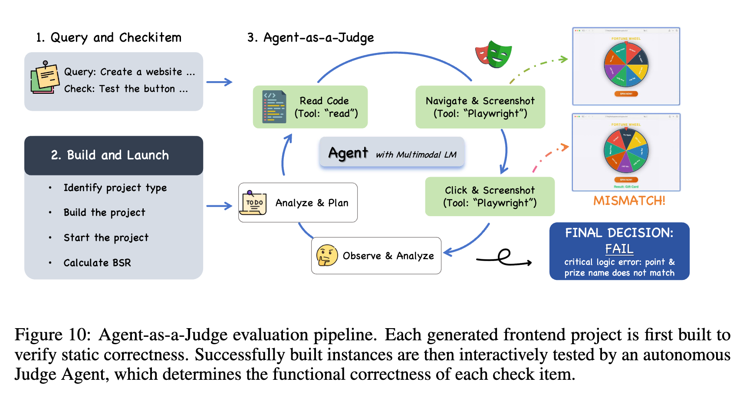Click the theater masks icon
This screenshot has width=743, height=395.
tap(494, 55)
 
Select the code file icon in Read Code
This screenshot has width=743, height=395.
tap(274, 107)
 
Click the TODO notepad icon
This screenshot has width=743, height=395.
tap(254, 202)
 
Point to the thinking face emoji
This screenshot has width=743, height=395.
tap(327, 255)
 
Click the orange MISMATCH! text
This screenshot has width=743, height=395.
tap(629, 201)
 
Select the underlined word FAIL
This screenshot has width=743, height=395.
tap(619, 249)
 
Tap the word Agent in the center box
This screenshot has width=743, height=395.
tap(348, 153)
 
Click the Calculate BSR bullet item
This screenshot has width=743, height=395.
tap(97, 263)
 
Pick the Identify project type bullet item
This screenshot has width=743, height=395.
tap(115, 188)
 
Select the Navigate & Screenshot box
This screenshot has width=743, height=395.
tap(480, 107)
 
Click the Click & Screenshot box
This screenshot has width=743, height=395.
tap(490, 196)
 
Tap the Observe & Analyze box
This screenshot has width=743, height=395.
tap(376, 256)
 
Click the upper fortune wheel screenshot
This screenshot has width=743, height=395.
tap(626, 66)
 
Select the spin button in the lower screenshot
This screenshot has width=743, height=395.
tap(626, 179)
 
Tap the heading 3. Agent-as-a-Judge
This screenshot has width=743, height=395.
tap(310, 38)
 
